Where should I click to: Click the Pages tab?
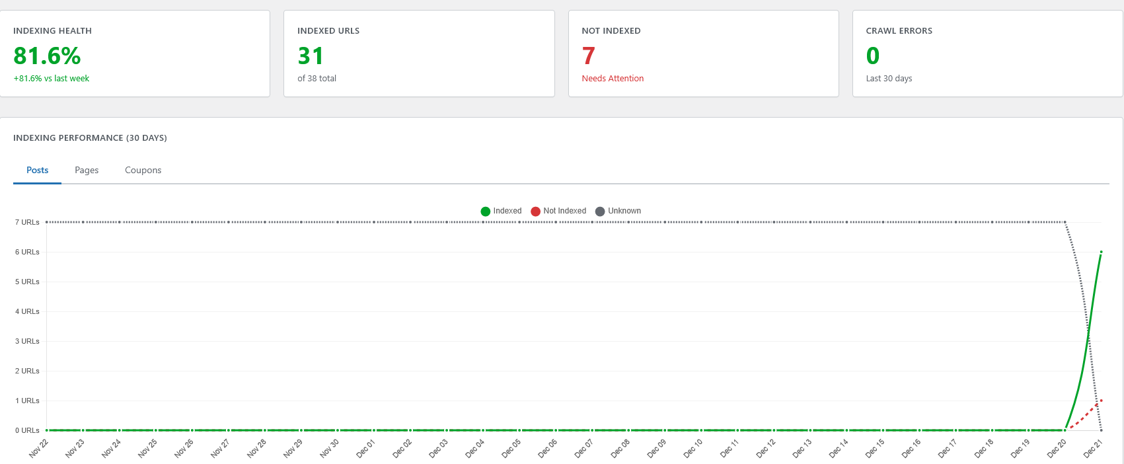pyautogui.click(x=87, y=170)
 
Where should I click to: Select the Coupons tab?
pyautogui.click(x=143, y=170)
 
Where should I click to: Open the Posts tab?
pyautogui.click(x=37, y=170)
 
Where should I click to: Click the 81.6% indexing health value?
pyautogui.click(x=47, y=56)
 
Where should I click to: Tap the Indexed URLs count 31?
pyautogui.click(x=311, y=56)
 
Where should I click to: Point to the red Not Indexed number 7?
pyautogui.click(x=588, y=56)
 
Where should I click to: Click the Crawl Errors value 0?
pyautogui.click(x=872, y=56)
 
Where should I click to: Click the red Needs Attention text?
pyautogui.click(x=613, y=78)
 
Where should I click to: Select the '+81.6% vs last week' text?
pyautogui.click(x=52, y=78)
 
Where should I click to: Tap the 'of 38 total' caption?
pyautogui.click(x=317, y=78)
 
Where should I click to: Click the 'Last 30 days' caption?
pyautogui.click(x=889, y=78)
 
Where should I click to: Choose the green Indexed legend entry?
pyautogui.click(x=502, y=211)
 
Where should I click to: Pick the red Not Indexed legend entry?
pyautogui.click(x=558, y=211)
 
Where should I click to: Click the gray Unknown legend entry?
pyautogui.click(x=618, y=211)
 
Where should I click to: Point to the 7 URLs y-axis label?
pyautogui.click(x=27, y=222)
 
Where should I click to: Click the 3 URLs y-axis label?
pyautogui.click(x=27, y=341)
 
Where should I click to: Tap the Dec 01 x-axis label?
pyautogui.click(x=365, y=448)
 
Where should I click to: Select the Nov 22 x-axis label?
pyautogui.click(x=38, y=448)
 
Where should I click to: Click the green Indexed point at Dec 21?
pyautogui.click(x=1101, y=252)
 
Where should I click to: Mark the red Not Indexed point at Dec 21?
pyautogui.click(x=1101, y=401)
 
